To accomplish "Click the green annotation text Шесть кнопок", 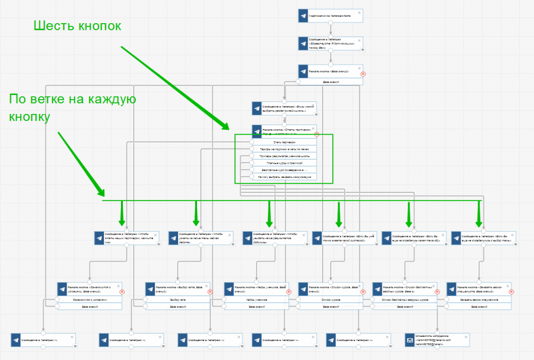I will coord(78,26).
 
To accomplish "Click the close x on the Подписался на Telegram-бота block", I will coord(359,12).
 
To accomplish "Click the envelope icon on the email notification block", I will coord(409,340).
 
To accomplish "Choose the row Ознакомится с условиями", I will coord(90,300).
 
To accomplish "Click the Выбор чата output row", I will coord(178,300).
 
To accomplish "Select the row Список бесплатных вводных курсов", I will coord(405,300).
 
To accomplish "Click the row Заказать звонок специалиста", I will coord(479,300).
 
